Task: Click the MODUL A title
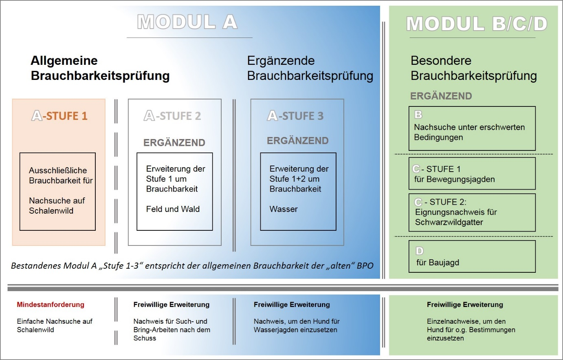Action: click(187, 22)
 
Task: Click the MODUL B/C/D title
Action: click(477, 24)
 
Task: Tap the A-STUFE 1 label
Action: click(59, 116)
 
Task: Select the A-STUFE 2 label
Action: click(173, 116)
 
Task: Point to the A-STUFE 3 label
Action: click(295, 116)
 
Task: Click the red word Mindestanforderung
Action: click(51, 305)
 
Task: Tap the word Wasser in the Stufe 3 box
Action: click(284, 209)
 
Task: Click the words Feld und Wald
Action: click(173, 209)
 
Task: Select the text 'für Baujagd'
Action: click(438, 263)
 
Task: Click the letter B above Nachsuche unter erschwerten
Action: click(418, 115)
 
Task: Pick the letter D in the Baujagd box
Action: click(420, 251)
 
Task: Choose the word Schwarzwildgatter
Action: click(449, 222)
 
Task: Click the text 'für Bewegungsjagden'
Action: click(454, 179)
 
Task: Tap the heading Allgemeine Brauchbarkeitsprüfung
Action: click(100, 68)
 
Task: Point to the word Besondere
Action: click(441, 61)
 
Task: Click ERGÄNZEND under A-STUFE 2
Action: click(174, 143)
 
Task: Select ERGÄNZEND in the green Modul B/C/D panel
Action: click(441, 96)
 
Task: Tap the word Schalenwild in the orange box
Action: click(51, 211)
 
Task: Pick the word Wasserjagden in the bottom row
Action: click(274, 330)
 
